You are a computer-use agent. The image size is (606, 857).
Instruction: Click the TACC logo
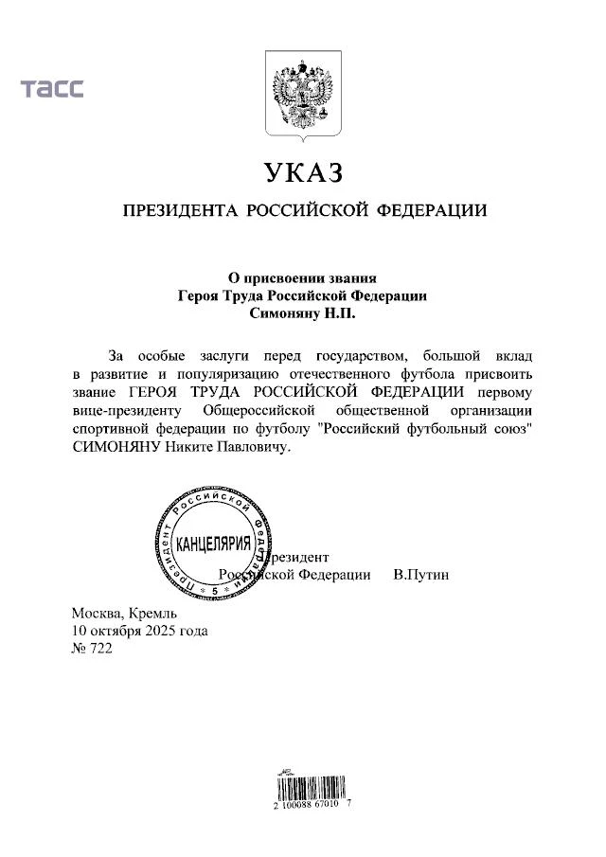click(53, 89)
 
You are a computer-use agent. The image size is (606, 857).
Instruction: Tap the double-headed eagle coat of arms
click(302, 95)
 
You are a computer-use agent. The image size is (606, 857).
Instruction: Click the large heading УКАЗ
click(303, 175)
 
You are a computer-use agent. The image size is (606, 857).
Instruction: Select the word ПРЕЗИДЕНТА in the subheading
click(179, 210)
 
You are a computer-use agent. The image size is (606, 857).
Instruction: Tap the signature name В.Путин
click(421, 574)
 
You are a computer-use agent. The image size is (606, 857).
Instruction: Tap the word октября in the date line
click(115, 631)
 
